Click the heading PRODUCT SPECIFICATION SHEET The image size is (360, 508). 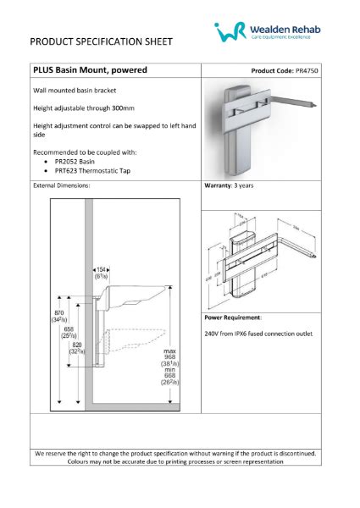coord(102,41)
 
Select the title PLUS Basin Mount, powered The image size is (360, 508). coord(91,70)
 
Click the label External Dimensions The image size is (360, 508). coord(62,184)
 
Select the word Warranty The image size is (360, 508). coord(222,184)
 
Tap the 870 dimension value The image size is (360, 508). coord(57,312)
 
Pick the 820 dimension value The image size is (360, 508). coord(77,345)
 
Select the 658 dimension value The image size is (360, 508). coord(67,329)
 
